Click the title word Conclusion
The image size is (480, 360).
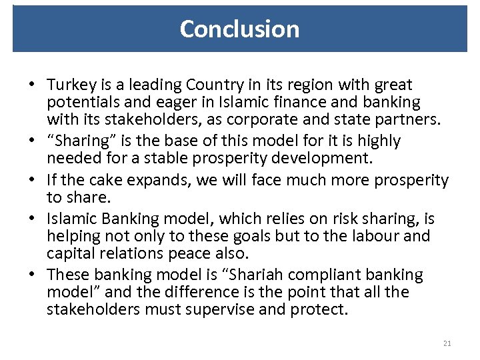(239, 29)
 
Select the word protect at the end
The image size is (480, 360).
(319, 310)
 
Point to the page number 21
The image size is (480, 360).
(447, 343)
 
